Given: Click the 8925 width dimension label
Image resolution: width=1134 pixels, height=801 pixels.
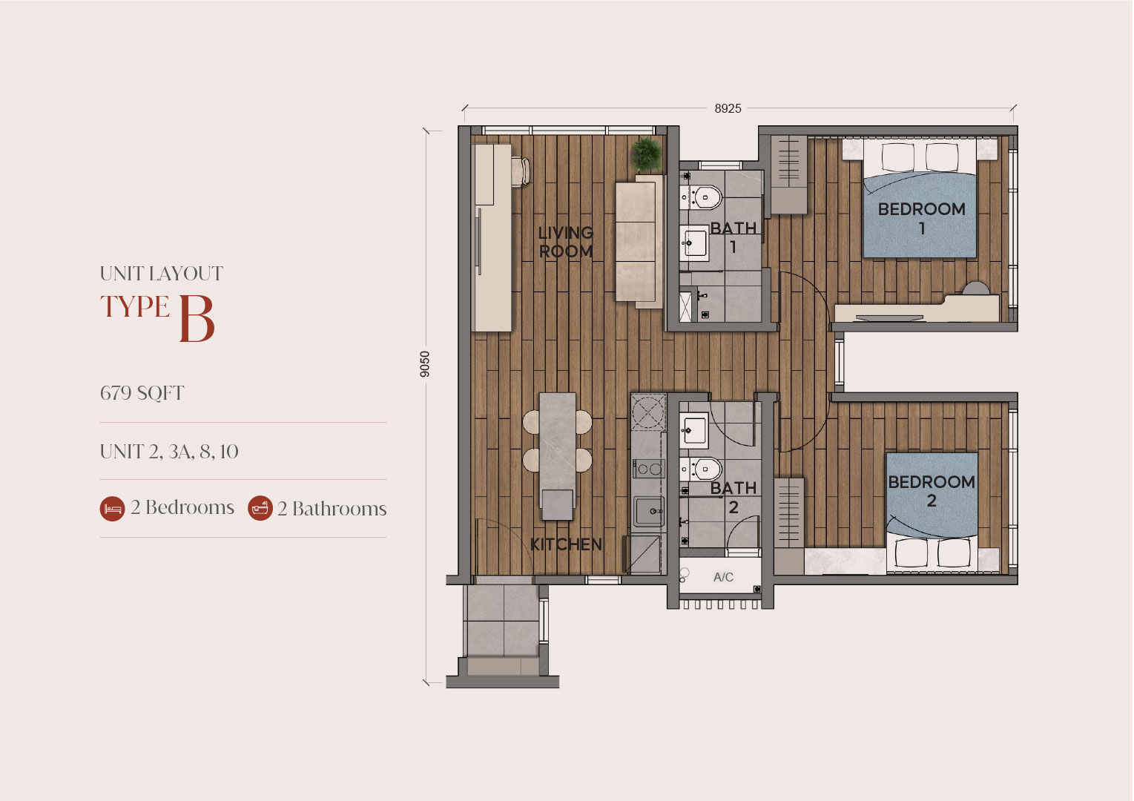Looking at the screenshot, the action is pyautogui.click(x=728, y=108).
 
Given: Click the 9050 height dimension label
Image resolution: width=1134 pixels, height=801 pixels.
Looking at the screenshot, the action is pyautogui.click(x=425, y=364).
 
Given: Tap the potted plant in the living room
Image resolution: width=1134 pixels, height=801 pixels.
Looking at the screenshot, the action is pyautogui.click(x=646, y=154).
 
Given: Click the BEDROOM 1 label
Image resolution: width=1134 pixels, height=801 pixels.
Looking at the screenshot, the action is pyautogui.click(x=921, y=218).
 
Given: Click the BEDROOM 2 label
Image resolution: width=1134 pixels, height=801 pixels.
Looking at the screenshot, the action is pyautogui.click(x=932, y=491).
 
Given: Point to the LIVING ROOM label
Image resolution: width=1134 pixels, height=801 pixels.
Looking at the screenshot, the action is pyautogui.click(x=565, y=242).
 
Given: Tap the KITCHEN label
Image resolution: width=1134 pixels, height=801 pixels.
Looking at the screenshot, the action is pyautogui.click(x=566, y=544).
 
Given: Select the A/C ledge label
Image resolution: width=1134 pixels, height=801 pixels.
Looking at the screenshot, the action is pyautogui.click(x=723, y=577).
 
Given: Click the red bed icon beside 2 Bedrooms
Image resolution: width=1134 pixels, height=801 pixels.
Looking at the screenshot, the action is pyautogui.click(x=113, y=508).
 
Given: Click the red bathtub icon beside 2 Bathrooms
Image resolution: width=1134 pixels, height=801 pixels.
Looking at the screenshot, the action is pyautogui.click(x=260, y=508).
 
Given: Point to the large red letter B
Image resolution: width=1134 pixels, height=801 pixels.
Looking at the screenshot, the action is pyautogui.click(x=197, y=319).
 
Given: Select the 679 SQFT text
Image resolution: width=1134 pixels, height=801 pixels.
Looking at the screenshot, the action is pyautogui.click(x=142, y=393).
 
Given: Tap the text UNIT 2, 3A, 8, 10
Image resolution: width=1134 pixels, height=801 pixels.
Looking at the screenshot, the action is pyautogui.click(x=169, y=451).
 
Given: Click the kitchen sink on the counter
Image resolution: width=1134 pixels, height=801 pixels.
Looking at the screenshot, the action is pyautogui.click(x=649, y=512).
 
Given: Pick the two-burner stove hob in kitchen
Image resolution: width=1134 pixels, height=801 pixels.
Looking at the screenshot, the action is pyautogui.click(x=649, y=469).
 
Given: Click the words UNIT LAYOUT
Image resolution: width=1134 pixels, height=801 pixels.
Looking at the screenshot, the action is pyautogui.click(x=162, y=274).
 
